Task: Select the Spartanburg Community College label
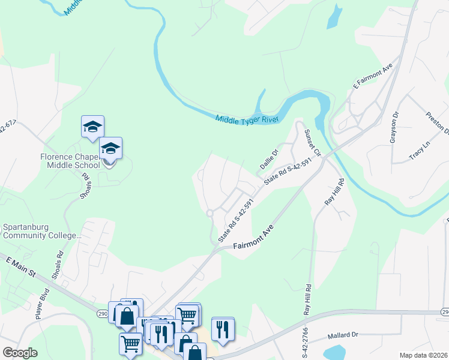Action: tap(41, 232)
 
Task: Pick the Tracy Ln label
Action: tap(420, 151)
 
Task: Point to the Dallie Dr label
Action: tap(270, 158)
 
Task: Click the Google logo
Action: tap(20, 353)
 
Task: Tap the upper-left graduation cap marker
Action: tap(92, 127)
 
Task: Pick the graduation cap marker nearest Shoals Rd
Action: tap(110, 148)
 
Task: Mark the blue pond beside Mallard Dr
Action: tap(334, 352)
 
